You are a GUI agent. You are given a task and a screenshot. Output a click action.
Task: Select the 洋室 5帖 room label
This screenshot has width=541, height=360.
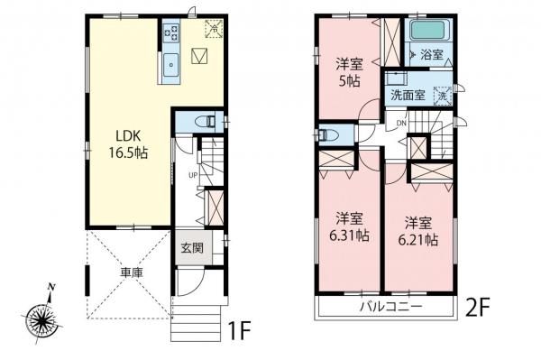(350, 72)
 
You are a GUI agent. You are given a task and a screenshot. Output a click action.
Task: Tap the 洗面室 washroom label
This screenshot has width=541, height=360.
(406, 94)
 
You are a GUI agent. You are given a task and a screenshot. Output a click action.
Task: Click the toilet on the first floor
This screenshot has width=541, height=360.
(205, 119)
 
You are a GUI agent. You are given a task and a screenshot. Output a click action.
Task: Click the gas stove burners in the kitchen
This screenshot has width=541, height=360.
(170, 33)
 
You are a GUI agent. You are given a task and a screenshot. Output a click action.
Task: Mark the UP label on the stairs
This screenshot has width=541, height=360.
(192, 174)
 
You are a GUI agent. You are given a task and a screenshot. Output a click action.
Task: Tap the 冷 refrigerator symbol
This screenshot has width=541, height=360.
(214, 28)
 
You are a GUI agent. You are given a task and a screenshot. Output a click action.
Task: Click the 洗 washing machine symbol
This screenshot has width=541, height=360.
(442, 94)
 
